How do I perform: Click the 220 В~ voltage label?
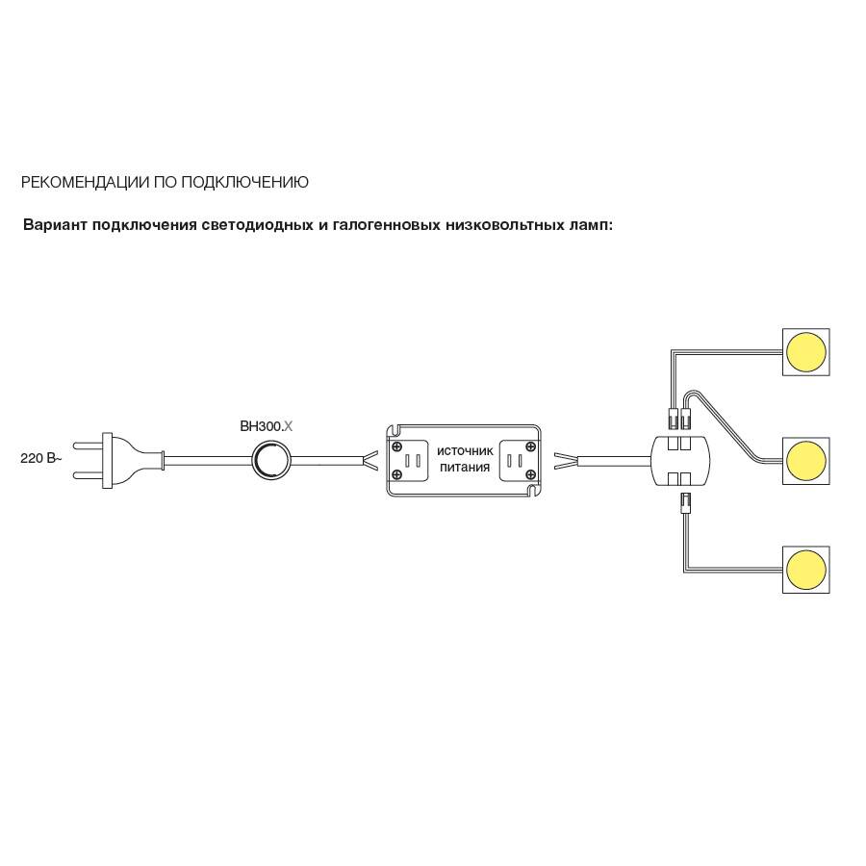coord(40,458)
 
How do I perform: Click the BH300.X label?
coord(267,426)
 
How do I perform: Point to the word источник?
coord(465,450)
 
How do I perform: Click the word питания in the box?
coord(465,468)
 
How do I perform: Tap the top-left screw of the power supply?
coord(396,446)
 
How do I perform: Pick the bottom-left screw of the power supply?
coord(396,474)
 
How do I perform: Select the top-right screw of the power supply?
coord(531,446)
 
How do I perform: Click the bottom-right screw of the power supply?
coord(531,474)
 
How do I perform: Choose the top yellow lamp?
coord(805,352)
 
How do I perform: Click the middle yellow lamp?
coord(805,461)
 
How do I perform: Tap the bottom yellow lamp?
coord(805,570)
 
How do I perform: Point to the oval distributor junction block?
coord(680,461)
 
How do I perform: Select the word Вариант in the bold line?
coord(54,225)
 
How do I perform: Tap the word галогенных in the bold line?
coord(386,225)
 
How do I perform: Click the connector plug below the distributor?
coord(685,503)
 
